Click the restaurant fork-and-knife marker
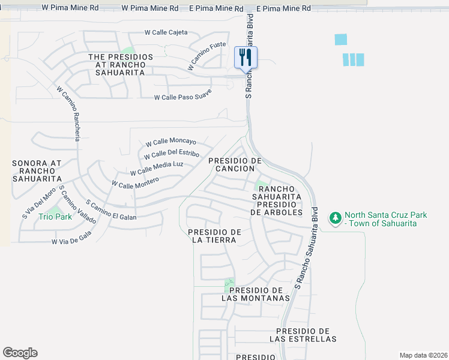[246, 58]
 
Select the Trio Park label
[55, 217]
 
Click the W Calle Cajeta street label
[166, 32]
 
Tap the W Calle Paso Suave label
[183, 94]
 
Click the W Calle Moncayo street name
[171, 142]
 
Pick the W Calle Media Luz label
[157, 168]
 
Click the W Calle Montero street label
[135, 182]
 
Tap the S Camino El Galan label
[111, 211]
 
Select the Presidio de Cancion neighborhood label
[235, 164]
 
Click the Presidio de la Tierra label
[214, 236]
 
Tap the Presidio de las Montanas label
[256, 293]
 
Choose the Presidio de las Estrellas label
[303, 335]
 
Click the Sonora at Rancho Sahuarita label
[37, 170]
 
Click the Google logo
[20, 353]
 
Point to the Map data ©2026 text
[423, 355]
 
